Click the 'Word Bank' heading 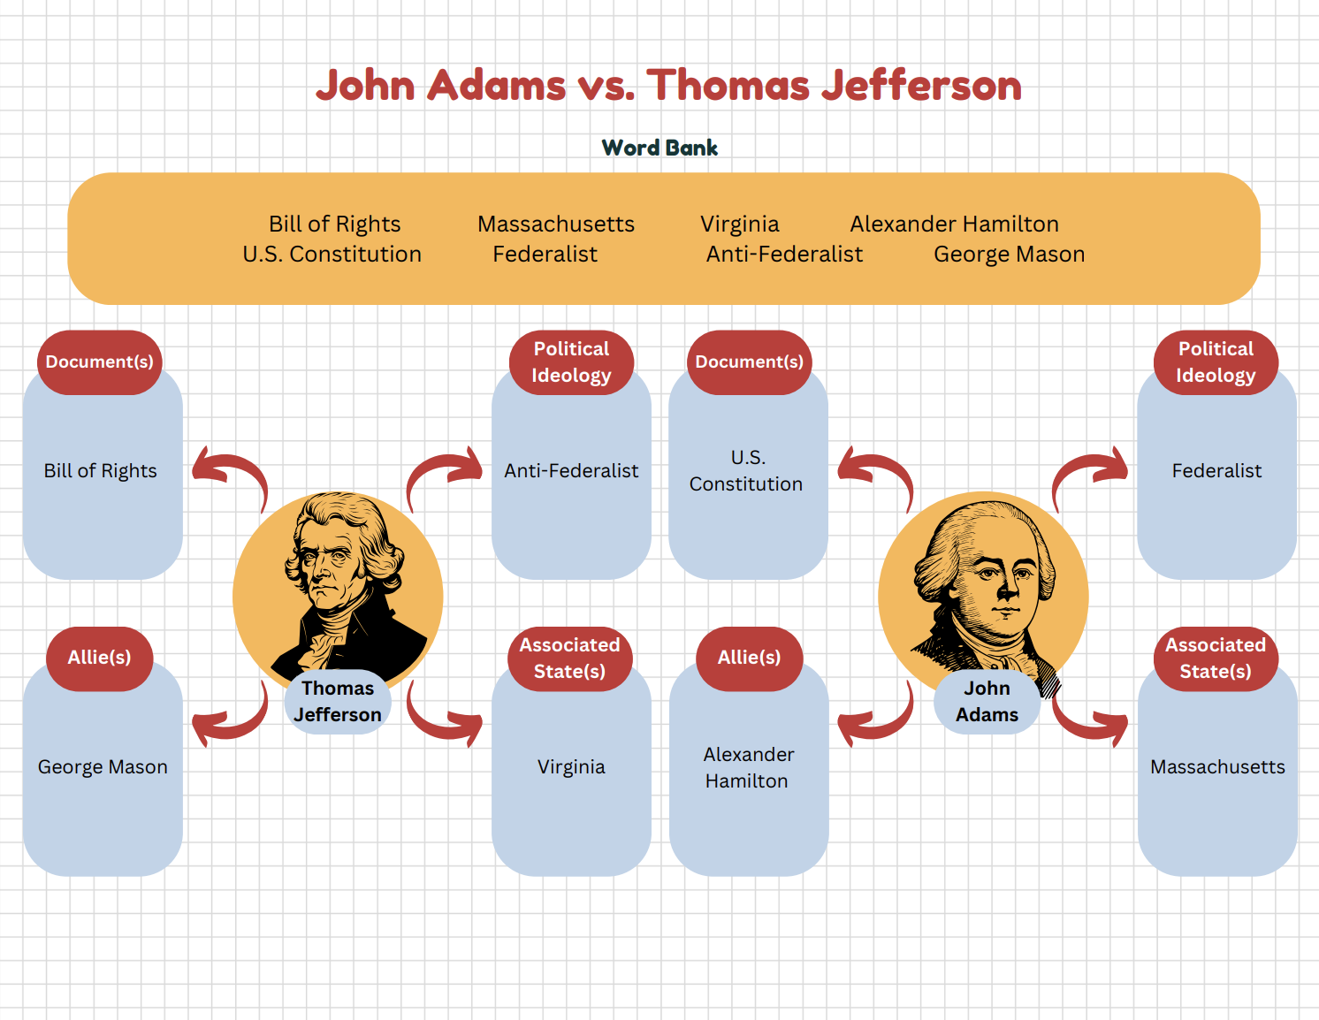[659, 148]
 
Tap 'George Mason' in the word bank [1009, 255]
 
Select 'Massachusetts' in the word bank [555, 225]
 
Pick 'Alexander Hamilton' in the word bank [954, 225]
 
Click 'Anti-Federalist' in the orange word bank [784, 255]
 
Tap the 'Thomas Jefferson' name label [338, 702]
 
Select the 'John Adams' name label [987, 702]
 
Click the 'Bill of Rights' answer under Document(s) [101, 471]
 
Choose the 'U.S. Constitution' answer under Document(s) [747, 471]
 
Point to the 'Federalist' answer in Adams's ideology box [1216, 471]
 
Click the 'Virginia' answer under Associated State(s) [571, 767]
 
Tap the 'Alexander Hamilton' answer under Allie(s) [748, 768]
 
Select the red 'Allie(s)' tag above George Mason [99, 658]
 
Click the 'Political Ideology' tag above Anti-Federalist [571, 362]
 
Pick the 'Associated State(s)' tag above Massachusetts [1216, 658]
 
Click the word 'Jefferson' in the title [921, 86]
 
